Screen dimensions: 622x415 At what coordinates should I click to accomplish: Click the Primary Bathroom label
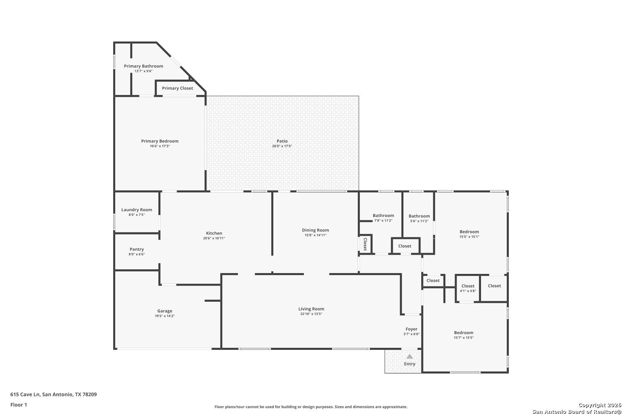(143, 66)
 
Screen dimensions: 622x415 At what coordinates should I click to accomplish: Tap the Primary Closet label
(177, 88)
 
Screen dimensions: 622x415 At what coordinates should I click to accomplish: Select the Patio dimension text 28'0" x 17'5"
(282, 146)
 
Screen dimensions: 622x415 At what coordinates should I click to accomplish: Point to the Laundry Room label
(136, 210)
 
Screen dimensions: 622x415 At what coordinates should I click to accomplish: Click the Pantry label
(136, 249)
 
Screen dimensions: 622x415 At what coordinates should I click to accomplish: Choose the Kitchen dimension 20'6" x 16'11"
(214, 238)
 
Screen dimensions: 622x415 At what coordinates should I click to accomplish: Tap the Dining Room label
(316, 230)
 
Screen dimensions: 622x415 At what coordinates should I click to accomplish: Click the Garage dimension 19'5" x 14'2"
(165, 316)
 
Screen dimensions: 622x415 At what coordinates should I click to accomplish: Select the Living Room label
(311, 309)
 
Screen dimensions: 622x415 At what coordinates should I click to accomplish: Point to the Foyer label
(411, 329)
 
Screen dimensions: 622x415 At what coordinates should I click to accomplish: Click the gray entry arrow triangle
(410, 356)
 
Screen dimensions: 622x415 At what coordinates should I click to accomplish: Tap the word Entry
(410, 364)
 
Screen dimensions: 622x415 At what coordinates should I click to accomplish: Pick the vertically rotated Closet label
(365, 244)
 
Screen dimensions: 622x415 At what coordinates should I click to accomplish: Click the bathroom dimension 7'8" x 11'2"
(383, 221)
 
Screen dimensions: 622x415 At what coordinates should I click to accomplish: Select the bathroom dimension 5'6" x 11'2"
(419, 221)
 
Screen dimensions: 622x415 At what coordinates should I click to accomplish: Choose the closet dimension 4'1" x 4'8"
(468, 291)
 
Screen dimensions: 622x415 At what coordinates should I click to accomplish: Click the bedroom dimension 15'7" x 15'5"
(464, 338)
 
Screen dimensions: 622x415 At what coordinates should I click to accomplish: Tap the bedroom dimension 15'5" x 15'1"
(469, 237)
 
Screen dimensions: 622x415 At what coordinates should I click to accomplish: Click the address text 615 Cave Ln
(25, 394)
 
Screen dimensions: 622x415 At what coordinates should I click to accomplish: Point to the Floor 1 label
(19, 405)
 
